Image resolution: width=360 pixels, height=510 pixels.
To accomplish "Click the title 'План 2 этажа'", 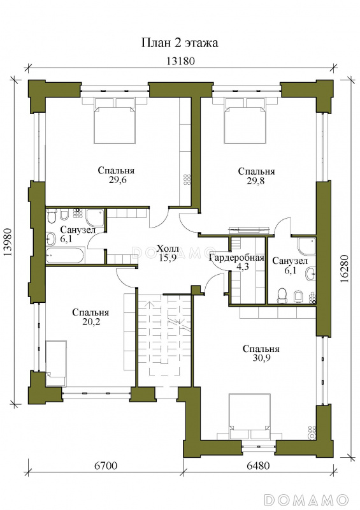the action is point(180,43).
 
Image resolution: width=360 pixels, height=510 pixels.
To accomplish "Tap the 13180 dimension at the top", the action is point(180,61).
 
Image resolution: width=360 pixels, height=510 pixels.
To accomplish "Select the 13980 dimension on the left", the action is point(8,242).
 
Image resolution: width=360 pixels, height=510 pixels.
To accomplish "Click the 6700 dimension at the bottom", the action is point(106,466).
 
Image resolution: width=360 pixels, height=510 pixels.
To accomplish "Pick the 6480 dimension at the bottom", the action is point(258,466).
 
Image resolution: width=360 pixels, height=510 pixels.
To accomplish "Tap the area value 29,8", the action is point(256,181).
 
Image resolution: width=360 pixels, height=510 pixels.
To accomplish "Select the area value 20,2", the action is point(90,322).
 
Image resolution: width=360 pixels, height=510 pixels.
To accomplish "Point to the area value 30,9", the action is point(261,358).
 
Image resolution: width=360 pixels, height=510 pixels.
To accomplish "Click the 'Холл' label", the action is point(168,249).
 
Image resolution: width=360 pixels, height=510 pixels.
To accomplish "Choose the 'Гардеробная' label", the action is point(236,258).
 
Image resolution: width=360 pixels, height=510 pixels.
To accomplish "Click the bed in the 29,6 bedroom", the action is point(114,120).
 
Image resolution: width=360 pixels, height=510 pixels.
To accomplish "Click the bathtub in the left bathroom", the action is point(66,255).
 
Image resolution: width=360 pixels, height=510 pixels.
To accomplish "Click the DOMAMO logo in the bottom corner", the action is point(306,499).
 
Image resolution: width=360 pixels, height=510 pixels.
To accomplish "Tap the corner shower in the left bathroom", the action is point(95,217).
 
